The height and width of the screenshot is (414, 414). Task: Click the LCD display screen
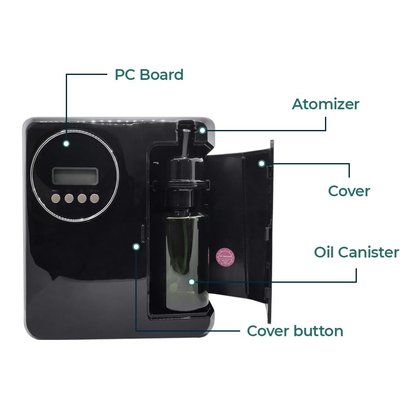click(x=75, y=176)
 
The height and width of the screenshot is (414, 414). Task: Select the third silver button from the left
click(x=82, y=198)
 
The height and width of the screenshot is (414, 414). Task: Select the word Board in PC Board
click(x=161, y=75)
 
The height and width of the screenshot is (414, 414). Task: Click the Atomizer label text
click(x=325, y=104)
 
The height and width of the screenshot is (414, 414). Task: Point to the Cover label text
click(x=349, y=191)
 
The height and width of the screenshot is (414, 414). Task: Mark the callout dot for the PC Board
click(x=66, y=144)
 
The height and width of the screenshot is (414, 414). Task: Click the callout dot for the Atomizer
click(x=202, y=130)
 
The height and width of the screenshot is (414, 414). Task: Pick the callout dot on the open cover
click(x=261, y=164)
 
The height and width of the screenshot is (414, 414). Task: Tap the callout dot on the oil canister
click(x=191, y=282)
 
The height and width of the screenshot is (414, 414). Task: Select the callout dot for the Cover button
click(x=136, y=247)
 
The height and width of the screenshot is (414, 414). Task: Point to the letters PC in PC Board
click(x=125, y=75)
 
